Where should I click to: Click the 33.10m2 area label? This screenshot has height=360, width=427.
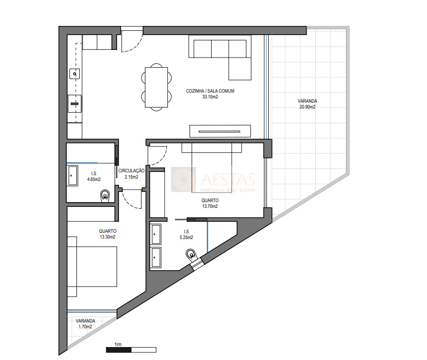(210, 97)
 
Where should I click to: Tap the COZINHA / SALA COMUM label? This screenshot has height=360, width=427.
(210, 91)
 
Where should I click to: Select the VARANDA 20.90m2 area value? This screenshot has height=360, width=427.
(308, 107)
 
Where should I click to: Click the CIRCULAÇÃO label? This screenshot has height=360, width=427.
(131, 170)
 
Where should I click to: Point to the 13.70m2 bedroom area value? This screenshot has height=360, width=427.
(210, 206)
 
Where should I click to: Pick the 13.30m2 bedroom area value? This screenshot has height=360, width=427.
(107, 237)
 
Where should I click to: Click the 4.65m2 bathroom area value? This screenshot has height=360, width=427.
(94, 180)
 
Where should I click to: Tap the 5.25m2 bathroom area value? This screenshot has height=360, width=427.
(186, 238)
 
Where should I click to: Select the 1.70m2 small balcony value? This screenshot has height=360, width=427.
(85, 326)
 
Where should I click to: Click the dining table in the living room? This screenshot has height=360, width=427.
(156, 87)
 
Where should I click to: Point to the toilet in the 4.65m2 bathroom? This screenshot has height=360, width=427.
(105, 196)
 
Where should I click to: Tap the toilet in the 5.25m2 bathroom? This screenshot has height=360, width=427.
(191, 254)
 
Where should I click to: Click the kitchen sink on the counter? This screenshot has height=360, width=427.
(75, 73)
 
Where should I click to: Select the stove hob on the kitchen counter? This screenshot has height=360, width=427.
(74, 104)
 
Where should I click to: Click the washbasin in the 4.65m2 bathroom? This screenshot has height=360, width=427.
(72, 176)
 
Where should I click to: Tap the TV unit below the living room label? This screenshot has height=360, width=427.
(220, 131)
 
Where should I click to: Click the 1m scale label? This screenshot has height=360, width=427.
(118, 344)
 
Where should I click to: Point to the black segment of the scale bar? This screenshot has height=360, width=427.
(119, 350)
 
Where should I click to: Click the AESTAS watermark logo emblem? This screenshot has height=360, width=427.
(182, 179)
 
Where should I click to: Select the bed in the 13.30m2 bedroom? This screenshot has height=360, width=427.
(92, 266)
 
